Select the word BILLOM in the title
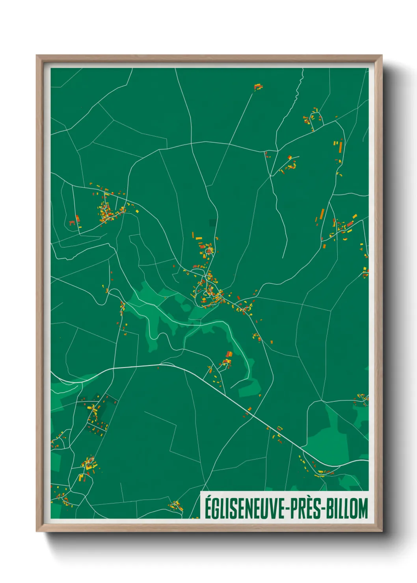click(x=347, y=509)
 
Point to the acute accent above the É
click(x=208, y=497)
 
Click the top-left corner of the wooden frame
click(x=37, y=56)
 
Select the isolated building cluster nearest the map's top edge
click(x=258, y=87)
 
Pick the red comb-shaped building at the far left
click(x=72, y=223)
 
